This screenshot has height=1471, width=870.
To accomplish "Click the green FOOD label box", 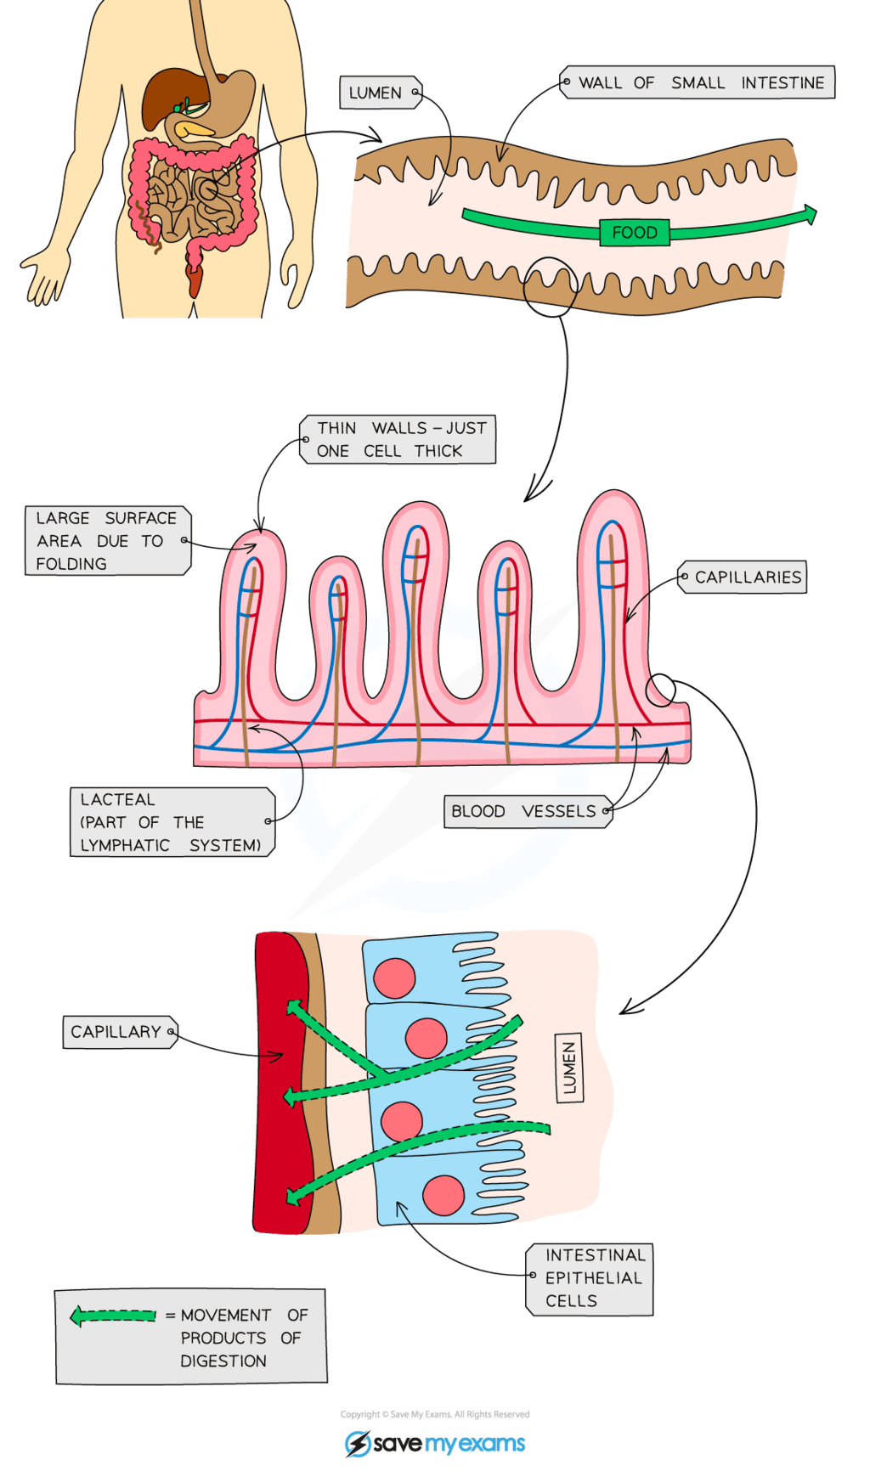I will pyautogui.click(x=634, y=233).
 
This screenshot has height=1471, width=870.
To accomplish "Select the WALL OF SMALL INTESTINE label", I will pyautogui.click(x=700, y=83).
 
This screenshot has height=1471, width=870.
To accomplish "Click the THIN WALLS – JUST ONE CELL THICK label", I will pyautogui.click(x=399, y=440).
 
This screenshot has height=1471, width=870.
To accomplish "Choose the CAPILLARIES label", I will pyautogui.click(x=745, y=578).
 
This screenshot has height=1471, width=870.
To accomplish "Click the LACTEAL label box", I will pyautogui.click(x=171, y=822).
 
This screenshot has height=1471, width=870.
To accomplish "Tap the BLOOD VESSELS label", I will pyautogui.click(x=525, y=811).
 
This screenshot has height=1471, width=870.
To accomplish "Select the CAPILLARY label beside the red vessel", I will pyautogui.click(x=118, y=1032).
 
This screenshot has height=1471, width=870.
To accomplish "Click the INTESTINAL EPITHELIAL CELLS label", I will pyautogui.click(x=592, y=1278).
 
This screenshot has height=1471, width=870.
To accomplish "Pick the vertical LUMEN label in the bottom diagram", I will pyautogui.click(x=569, y=1068).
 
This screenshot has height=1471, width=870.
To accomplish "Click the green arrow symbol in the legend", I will pyautogui.click(x=114, y=1316).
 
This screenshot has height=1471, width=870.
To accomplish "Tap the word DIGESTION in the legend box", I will pyautogui.click(x=223, y=1361).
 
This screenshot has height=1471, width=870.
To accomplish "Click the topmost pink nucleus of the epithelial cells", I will pyautogui.click(x=394, y=978).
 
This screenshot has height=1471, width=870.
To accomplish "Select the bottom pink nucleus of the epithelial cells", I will pyautogui.click(x=443, y=1195).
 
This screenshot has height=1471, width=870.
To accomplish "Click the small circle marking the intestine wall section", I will pyautogui.click(x=551, y=287).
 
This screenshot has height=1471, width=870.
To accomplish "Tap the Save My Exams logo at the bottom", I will pyautogui.click(x=435, y=1443).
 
